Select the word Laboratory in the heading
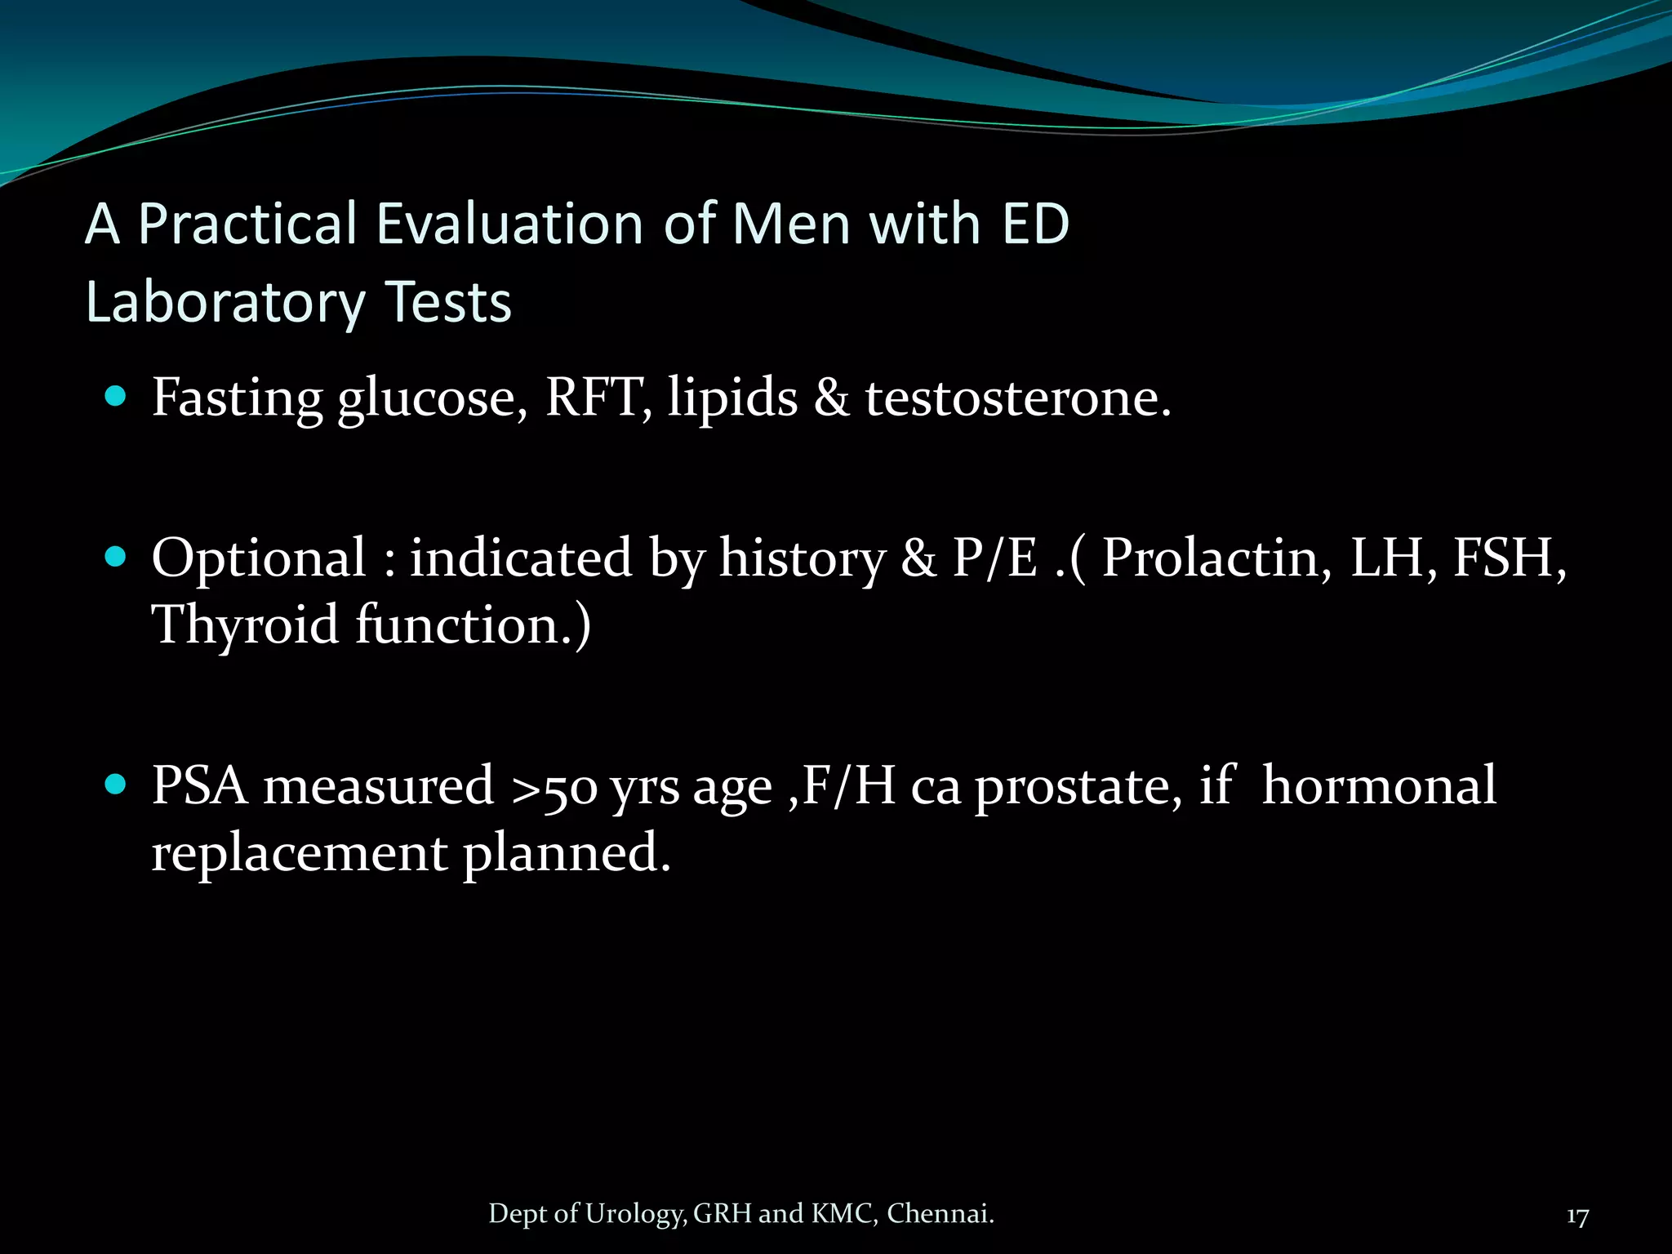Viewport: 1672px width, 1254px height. click(225, 303)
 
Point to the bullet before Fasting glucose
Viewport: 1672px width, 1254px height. click(116, 398)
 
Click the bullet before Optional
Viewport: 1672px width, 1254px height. click(116, 558)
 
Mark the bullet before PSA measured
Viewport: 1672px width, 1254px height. click(116, 785)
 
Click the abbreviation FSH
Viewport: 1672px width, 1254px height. click(1507, 558)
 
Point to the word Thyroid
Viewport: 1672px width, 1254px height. click(245, 625)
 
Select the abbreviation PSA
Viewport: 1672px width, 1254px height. click(200, 785)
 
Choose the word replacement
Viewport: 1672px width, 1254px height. click(299, 853)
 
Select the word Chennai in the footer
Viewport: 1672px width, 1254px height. click(939, 1214)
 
